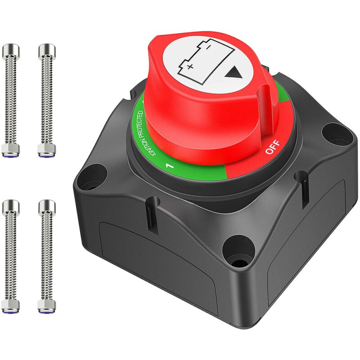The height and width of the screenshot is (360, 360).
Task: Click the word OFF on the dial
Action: pos(273,147)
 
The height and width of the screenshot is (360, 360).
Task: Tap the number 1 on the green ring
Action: pos(170,166)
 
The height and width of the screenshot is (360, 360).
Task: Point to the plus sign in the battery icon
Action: pos(190,67)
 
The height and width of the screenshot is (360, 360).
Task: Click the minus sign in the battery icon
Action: pos(208,47)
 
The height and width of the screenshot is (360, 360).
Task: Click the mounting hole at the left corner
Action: pos(92,177)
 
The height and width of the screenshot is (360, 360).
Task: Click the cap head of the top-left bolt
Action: pos(11,50)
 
